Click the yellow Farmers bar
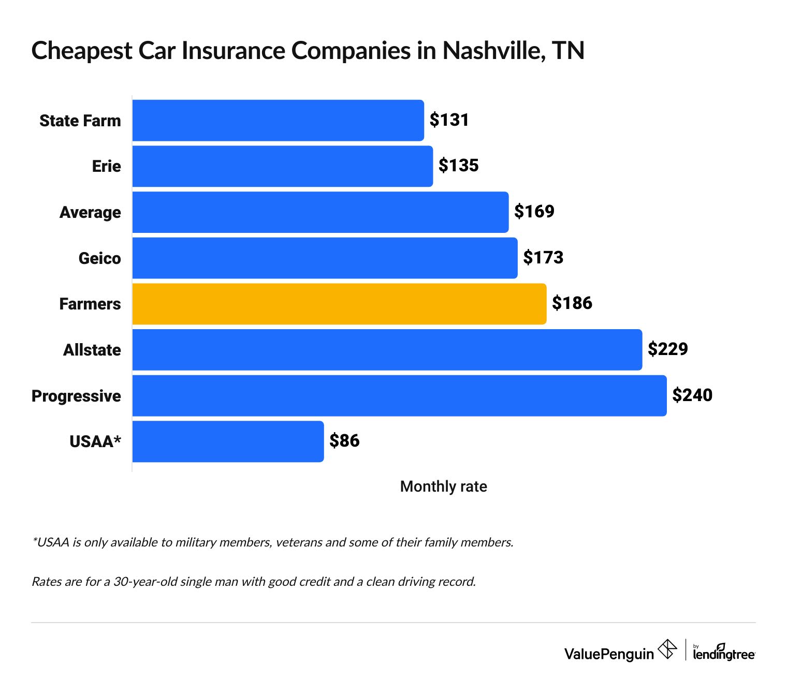pos(339,304)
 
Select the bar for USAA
pos(228,441)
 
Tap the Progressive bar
pos(399,395)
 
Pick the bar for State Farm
pos(278,120)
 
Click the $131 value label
pos(449,120)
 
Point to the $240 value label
pos(692,395)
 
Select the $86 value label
pos(344,441)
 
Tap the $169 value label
pos(534,212)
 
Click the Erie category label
pos(106,166)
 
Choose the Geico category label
pos(99,258)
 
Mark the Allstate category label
pos(92,350)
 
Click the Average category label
pos(90,212)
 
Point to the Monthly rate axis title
pos(443,486)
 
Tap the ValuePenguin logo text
pos(609,654)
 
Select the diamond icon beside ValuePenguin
pos(667,649)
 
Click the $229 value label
pos(667,349)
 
